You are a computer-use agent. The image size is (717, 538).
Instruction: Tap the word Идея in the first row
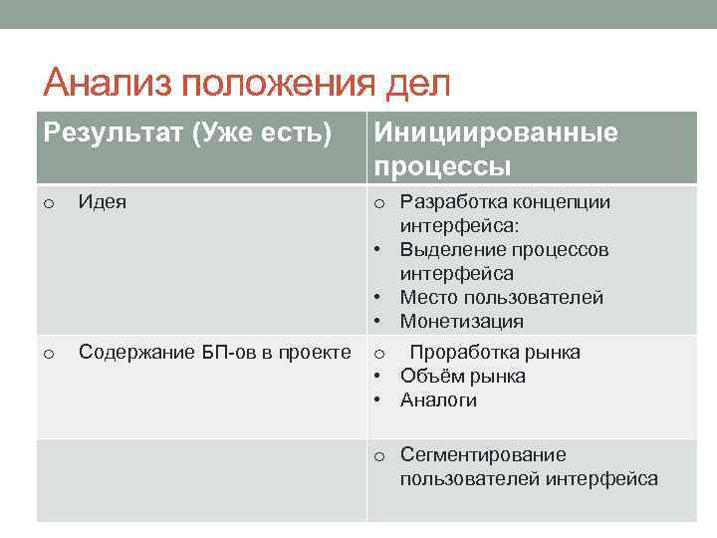click(x=102, y=202)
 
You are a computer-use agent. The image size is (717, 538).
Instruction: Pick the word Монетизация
click(x=461, y=322)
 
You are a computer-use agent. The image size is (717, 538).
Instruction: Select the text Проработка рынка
click(x=495, y=352)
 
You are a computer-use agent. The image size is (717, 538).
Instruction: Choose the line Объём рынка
click(x=462, y=376)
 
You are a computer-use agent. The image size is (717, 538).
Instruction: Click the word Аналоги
click(x=438, y=401)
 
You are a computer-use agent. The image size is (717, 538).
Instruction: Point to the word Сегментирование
click(x=483, y=455)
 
